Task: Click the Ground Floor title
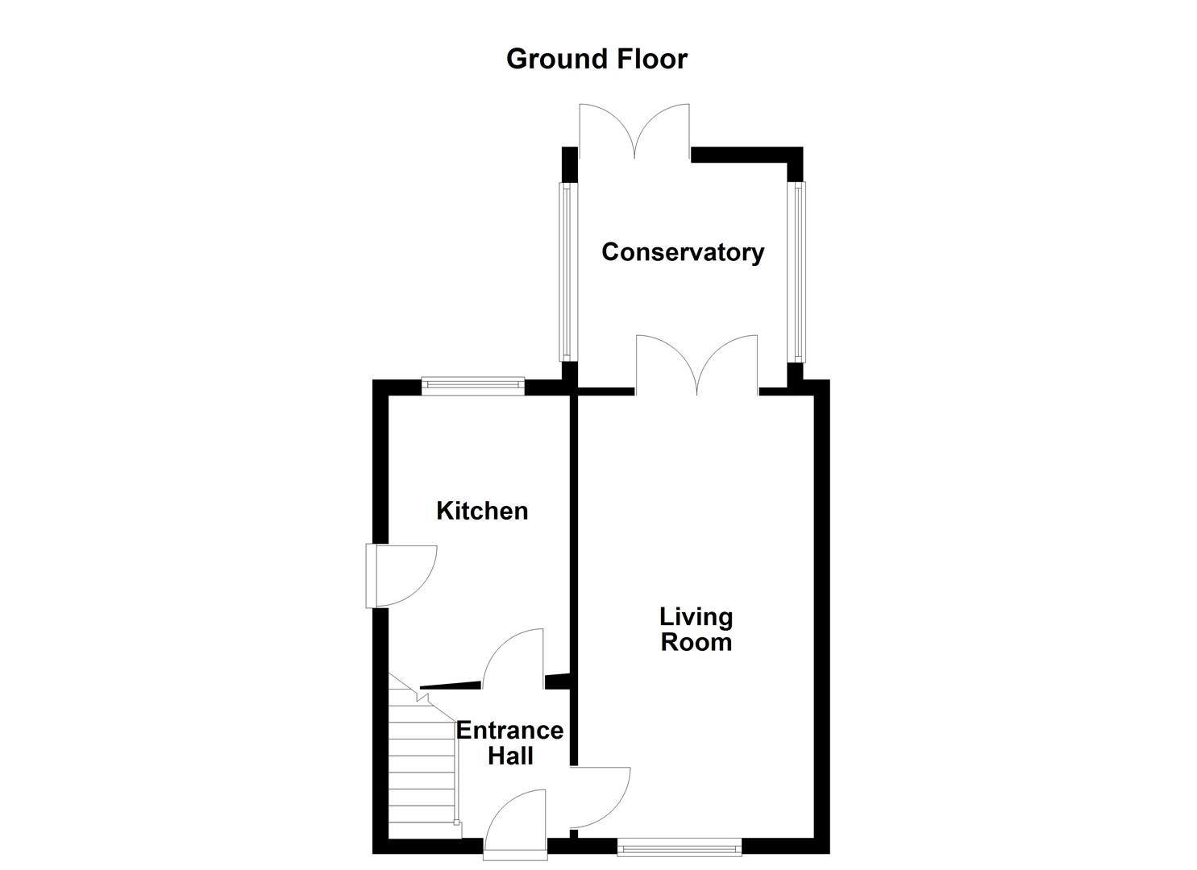click(596, 59)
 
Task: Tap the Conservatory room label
click(683, 252)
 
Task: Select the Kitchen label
click(482, 511)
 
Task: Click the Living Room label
click(696, 629)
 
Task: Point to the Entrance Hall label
click(509, 743)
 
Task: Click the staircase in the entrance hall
click(422, 765)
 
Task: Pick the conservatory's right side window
click(798, 271)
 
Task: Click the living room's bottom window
click(680, 846)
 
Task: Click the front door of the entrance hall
click(516, 822)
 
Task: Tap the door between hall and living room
click(601, 797)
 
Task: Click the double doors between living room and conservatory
click(697, 364)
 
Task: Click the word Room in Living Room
click(696, 642)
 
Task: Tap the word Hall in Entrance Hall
click(510, 756)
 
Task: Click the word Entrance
click(509, 731)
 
